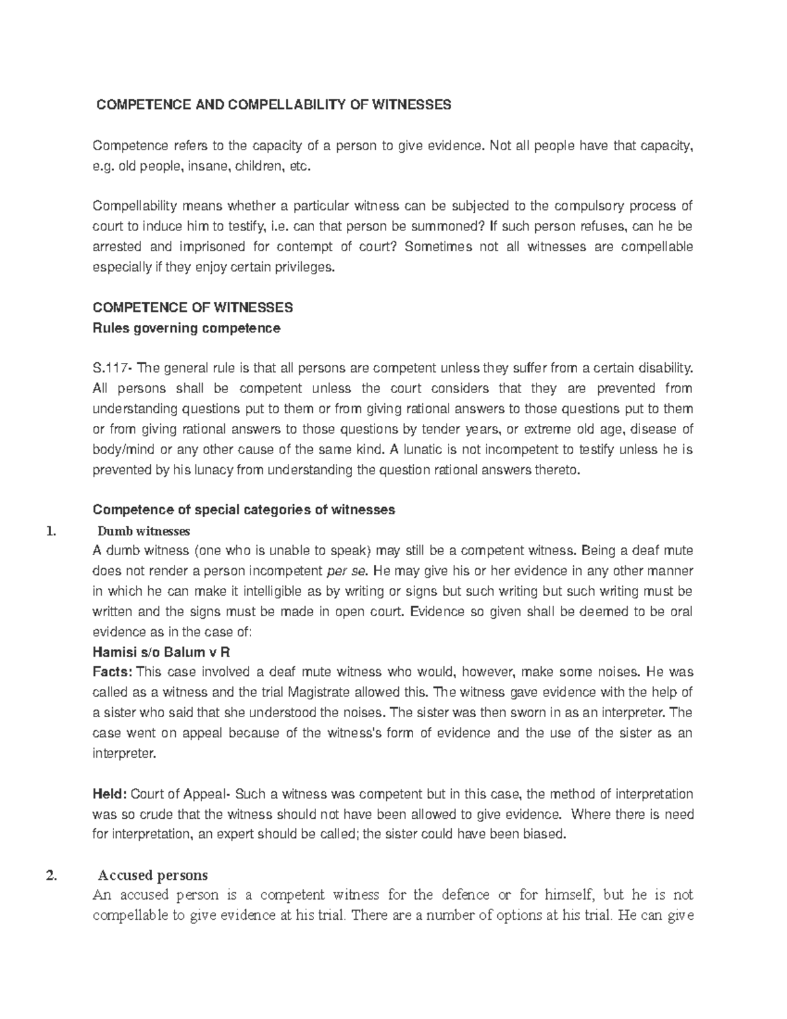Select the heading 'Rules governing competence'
tap(187, 327)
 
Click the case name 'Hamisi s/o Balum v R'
tap(161, 653)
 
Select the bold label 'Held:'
tap(110, 795)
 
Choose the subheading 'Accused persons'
tap(153, 875)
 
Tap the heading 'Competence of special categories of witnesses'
tap(244, 510)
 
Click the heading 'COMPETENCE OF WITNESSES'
tap(193, 308)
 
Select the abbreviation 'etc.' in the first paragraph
tap(296, 166)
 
